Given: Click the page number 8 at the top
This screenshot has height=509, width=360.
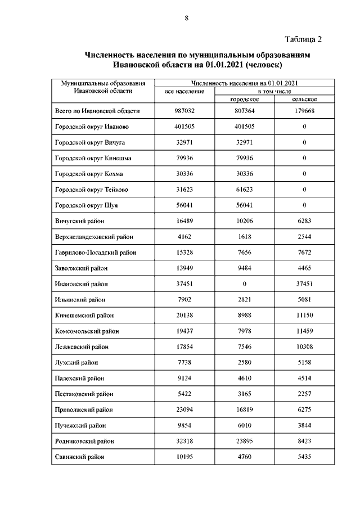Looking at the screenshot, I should click(x=186, y=17).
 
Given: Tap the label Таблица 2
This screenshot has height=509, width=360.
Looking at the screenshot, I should click(x=303, y=39).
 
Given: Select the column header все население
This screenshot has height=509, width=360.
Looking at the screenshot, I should click(x=184, y=91).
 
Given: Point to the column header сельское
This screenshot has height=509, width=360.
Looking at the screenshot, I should click(x=304, y=98).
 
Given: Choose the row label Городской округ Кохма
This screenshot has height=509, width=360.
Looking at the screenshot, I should click(x=89, y=174).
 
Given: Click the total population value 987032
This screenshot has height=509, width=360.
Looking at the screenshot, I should click(x=184, y=111).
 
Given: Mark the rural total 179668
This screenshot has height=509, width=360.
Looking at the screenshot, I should click(x=304, y=111).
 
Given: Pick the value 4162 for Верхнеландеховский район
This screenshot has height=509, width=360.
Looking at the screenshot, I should click(x=184, y=237).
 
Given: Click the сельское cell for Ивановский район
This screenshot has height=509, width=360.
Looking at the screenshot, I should click(x=304, y=284).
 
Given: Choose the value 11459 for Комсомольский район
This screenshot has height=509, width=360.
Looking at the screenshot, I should click(x=304, y=331).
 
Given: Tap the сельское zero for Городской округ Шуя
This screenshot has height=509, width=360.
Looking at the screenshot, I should click(x=304, y=205).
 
